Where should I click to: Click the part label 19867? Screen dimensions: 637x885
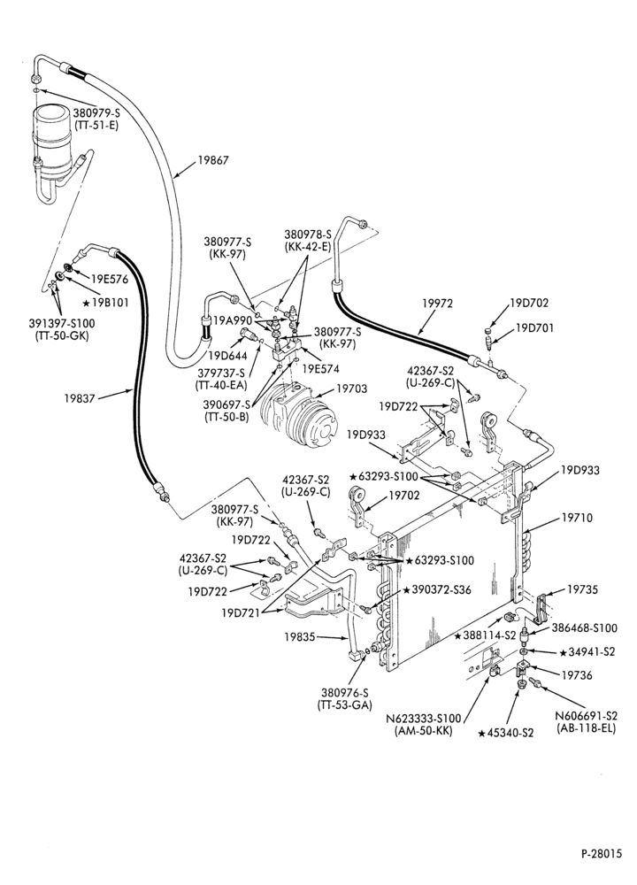pos(212,160)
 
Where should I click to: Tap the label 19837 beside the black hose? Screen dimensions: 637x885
pos(80,397)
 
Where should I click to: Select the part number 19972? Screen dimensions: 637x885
pos(437,303)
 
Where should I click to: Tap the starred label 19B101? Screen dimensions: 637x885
pos(106,303)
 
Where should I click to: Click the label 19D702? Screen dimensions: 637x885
pos(529,303)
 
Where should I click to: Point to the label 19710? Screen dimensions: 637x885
pos(577,517)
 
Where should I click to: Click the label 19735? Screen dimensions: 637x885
pos(582,589)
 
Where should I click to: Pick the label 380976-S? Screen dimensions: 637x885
pos(345,693)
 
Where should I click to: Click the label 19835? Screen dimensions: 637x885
pos(299,636)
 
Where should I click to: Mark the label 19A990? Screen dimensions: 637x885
pos(233,320)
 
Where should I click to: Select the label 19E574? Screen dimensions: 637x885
pos(320,369)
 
